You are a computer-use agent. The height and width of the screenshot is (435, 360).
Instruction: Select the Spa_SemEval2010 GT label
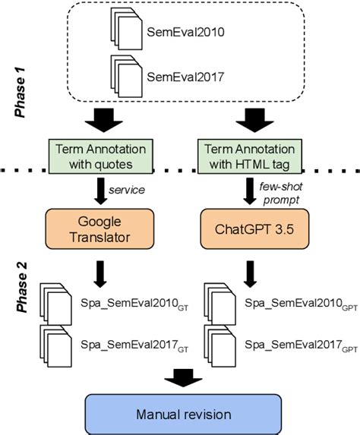pyautogui.click(x=131, y=303)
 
